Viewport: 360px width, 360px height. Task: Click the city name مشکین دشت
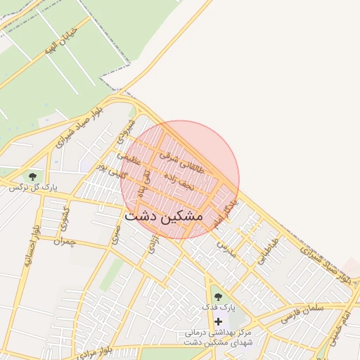pos(163,217)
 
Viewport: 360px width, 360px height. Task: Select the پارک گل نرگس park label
pos(32,188)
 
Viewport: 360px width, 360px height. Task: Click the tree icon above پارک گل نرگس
pos(32,176)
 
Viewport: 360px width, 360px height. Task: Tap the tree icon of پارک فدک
pos(217,296)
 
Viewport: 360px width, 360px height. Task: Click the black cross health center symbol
pos(218,321)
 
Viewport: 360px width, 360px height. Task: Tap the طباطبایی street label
pos(266,250)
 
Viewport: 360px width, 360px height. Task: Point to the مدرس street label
pos(224,245)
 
